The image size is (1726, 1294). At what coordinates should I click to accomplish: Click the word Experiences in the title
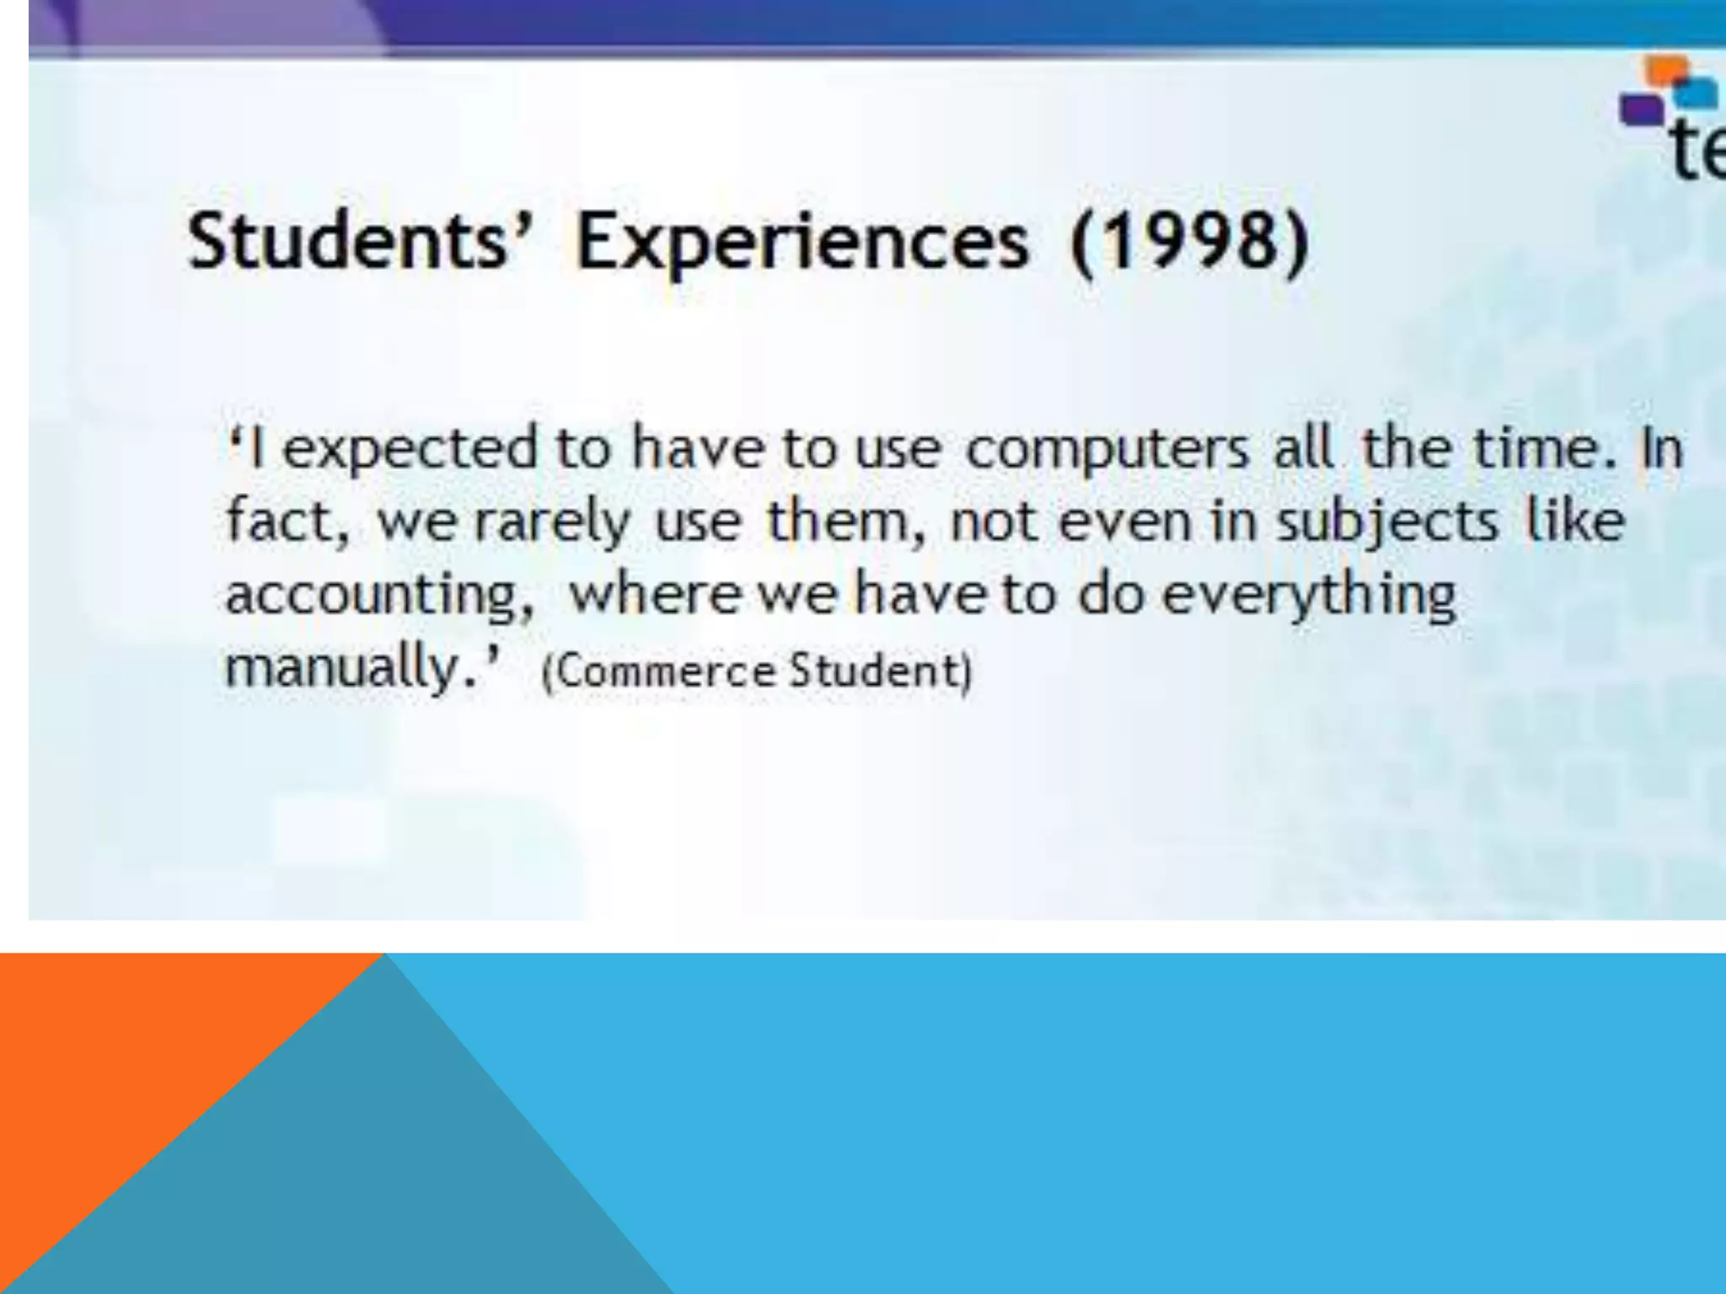(x=802, y=243)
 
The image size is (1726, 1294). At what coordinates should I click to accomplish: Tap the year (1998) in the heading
(x=1190, y=243)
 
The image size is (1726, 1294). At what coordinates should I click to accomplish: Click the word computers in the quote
(x=1107, y=450)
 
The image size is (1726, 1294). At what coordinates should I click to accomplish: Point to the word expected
(x=410, y=450)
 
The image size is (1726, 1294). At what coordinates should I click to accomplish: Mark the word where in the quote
(x=653, y=595)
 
